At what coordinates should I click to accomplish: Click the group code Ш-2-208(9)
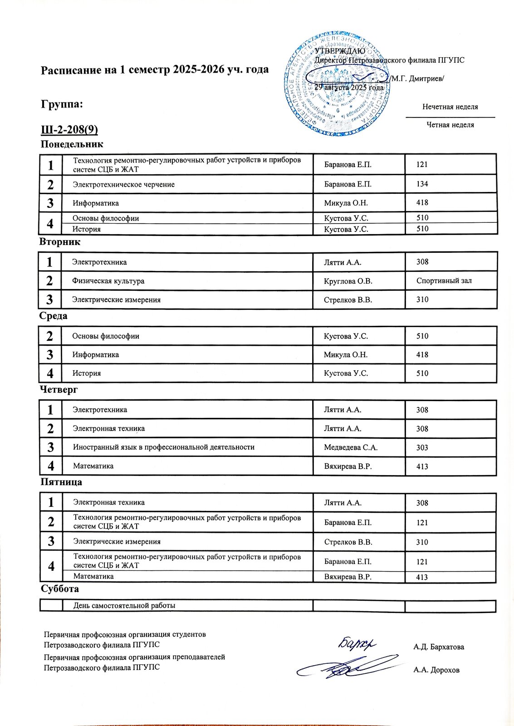(69, 130)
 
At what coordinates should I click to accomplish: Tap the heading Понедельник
(72, 144)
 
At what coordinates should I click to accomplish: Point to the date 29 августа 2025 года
(349, 88)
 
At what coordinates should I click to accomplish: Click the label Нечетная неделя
(450, 107)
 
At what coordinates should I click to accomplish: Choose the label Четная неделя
(450, 125)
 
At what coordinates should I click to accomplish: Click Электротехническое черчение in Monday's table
(124, 185)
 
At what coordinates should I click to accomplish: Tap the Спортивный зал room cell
(444, 281)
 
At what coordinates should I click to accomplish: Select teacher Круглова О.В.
(348, 281)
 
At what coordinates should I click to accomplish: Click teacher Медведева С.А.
(351, 447)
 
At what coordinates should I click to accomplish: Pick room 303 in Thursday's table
(422, 447)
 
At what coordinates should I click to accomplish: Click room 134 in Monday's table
(422, 184)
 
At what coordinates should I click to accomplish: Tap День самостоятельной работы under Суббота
(124, 606)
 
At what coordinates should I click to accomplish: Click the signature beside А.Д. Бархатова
(357, 643)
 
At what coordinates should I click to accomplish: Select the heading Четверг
(59, 390)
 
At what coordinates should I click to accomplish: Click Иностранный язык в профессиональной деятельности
(164, 447)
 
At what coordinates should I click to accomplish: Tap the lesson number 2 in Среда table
(50, 336)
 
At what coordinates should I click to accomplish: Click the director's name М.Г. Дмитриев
(418, 78)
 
